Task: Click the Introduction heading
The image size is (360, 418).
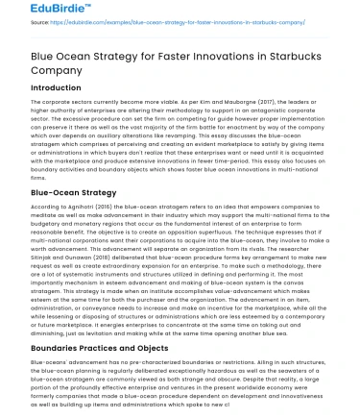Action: (43, 88)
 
